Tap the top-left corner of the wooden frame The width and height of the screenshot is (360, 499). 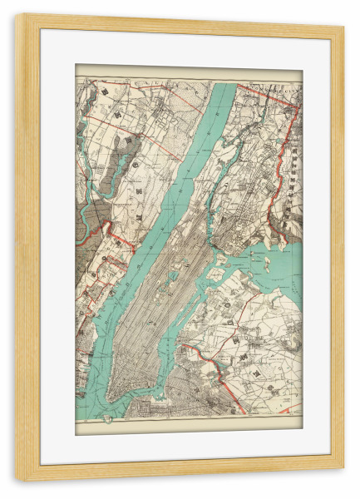(x=18, y=18)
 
